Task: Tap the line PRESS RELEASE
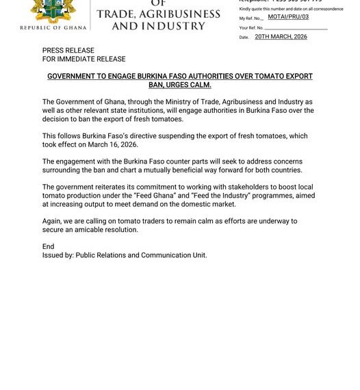pos(68,51)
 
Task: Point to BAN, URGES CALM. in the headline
pos(180,85)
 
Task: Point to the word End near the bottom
pos(48,246)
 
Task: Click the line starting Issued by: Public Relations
pos(125,255)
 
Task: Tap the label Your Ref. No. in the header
pos(251,28)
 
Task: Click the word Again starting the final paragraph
pos(53,221)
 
